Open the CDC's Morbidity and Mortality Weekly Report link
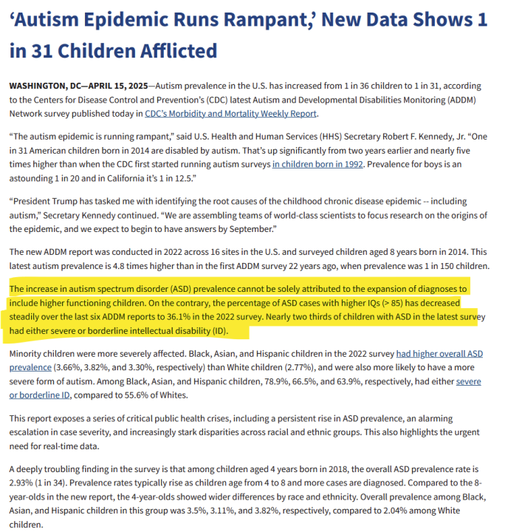coord(230,114)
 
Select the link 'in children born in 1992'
coord(317,165)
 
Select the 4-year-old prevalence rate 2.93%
coord(21,482)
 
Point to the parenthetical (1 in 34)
coord(57,482)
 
